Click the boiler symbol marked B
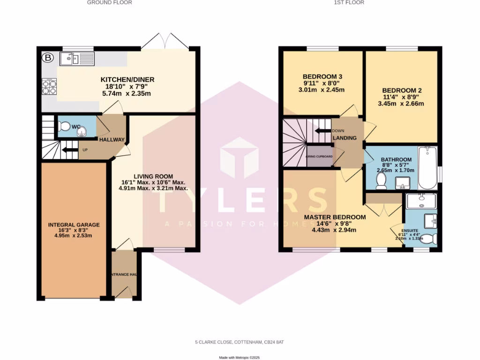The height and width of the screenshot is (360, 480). click(47, 59)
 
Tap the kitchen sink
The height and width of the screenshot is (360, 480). click(77, 59)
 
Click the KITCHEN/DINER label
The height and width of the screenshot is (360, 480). click(127, 80)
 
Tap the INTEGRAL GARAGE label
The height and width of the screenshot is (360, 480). click(74, 225)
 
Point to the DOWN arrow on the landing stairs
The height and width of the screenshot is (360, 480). click(323, 131)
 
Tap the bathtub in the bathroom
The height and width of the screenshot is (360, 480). click(427, 167)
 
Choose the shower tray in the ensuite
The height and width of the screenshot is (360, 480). click(421, 201)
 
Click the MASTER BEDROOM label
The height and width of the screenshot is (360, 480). click(335, 217)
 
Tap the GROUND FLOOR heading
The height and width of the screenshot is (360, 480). click(110, 2)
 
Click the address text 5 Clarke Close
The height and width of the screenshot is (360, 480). click(240, 342)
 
